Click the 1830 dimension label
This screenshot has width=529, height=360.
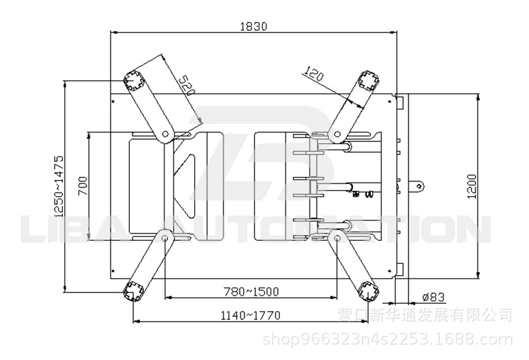click(x=253, y=26)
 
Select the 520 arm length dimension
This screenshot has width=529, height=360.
click(x=187, y=85)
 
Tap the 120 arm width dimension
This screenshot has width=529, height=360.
click(x=313, y=74)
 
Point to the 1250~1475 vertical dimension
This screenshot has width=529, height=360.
click(x=58, y=186)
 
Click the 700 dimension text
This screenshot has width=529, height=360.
click(x=82, y=186)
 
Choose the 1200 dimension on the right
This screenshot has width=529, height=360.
click(x=472, y=187)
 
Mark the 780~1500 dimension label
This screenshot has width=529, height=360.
click(x=251, y=291)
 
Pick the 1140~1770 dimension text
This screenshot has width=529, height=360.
click(x=250, y=316)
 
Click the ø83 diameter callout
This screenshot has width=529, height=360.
click(x=433, y=297)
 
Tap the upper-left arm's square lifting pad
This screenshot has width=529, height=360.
click(x=134, y=81)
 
